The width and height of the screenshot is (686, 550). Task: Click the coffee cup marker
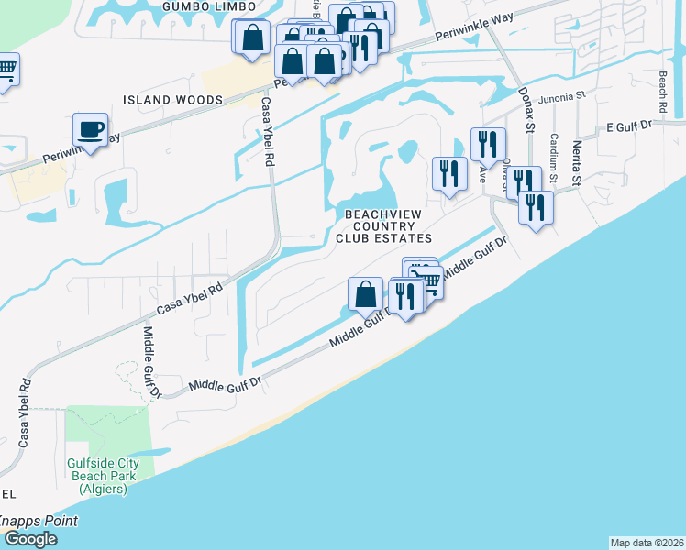click(90, 130)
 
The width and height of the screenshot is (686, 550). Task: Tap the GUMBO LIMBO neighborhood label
click(198, 6)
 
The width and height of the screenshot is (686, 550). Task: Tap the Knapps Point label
click(37, 521)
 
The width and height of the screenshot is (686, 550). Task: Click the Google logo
click(29, 539)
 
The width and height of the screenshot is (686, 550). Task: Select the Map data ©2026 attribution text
click(647, 542)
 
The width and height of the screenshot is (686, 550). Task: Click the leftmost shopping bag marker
click(250, 38)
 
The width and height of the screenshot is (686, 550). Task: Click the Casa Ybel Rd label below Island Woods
click(269, 132)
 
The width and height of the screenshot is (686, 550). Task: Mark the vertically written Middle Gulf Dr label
click(150, 362)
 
